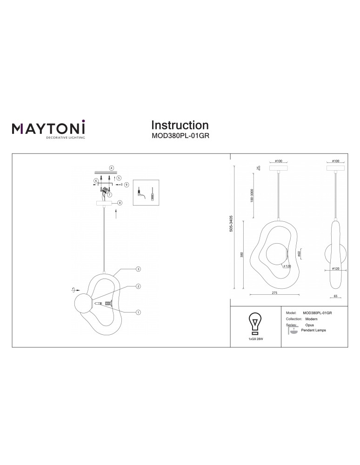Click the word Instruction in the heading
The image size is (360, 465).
pyautogui.click(x=180, y=125)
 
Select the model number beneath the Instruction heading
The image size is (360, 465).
pyautogui.click(x=180, y=137)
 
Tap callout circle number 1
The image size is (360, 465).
pyautogui.click(x=138, y=312)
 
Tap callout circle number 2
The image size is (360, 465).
pyautogui.click(x=138, y=286)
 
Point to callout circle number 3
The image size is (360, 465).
pyautogui.click(x=138, y=269)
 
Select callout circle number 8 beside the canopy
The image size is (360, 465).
pyautogui.click(x=120, y=203)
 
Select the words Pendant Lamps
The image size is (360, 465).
pyautogui.click(x=314, y=329)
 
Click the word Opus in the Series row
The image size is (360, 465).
pyautogui.click(x=309, y=325)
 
